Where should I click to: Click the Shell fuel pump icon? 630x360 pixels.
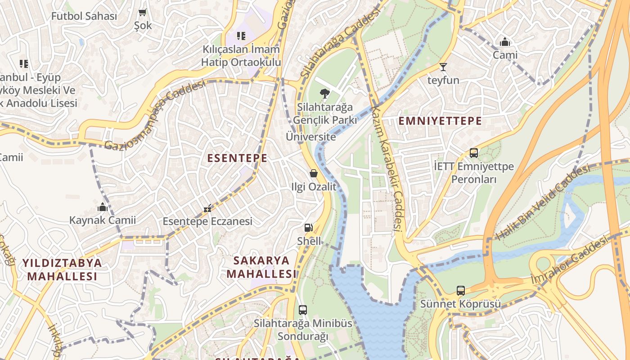tap(308, 228)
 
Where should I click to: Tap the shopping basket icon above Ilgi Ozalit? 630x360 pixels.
tap(314, 173)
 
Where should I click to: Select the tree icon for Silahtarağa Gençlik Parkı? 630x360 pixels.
tap(324, 94)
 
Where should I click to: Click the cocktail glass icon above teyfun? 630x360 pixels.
tap(443, 67)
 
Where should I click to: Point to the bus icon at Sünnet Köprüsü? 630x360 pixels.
tap(460, 291)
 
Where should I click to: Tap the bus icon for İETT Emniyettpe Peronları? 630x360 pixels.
tap(473, 153)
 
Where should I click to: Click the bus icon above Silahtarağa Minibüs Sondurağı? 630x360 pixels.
tap(302, 310)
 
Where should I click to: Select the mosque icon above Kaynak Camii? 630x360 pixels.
tap(102, 207)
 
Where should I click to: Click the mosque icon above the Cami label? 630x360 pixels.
tap(505, 42)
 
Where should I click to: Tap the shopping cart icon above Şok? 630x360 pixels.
tap(143, 13)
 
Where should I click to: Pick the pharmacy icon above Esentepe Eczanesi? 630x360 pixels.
tap(207, 208)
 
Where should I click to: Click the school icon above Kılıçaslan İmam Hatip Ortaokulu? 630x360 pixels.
tap(241, 36)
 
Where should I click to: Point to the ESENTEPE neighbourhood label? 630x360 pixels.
tap(237, 158)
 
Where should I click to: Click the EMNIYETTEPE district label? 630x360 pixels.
tap(440, 121)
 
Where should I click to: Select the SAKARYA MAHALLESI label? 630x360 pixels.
tap(261, 267)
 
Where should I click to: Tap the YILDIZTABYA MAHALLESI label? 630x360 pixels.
tap(62, 269)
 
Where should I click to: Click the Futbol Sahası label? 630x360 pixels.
tap(84, 16)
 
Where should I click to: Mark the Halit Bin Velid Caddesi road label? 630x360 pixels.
tap(543, 202)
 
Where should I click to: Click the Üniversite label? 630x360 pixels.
tap(311, 137)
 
